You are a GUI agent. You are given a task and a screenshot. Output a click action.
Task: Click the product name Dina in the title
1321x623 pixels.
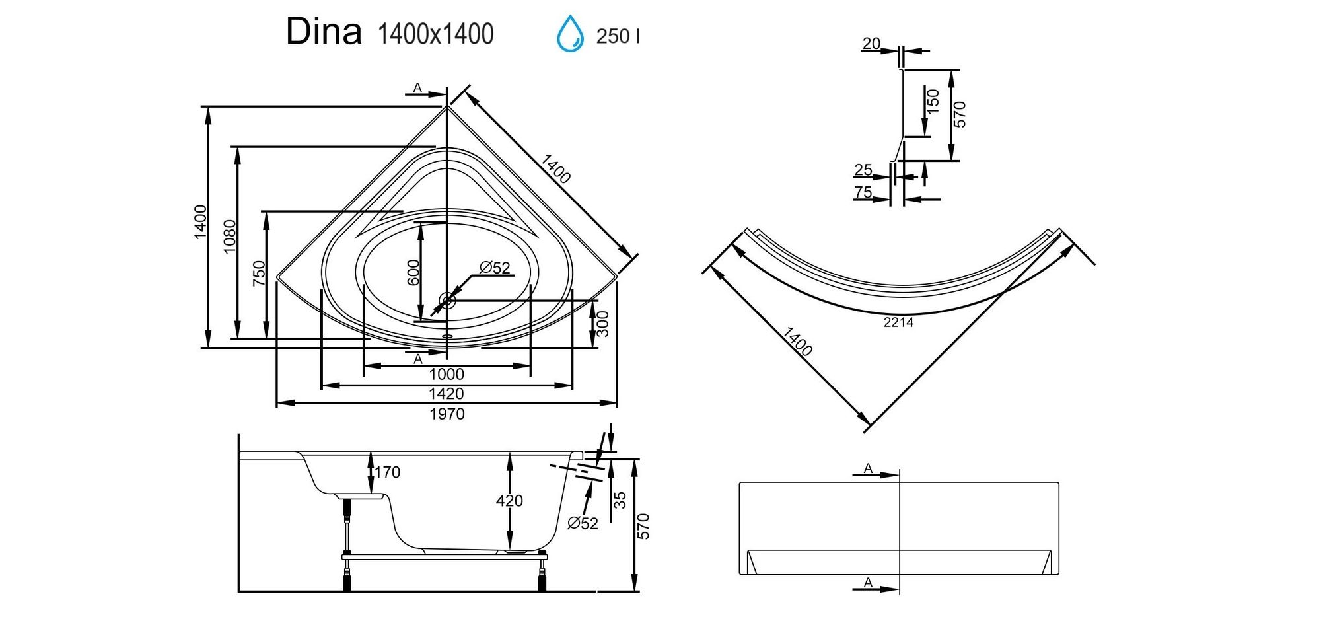[324, 32]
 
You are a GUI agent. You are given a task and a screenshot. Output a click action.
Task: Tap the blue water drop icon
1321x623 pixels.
[570, 34]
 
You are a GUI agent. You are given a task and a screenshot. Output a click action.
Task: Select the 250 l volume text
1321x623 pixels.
[618, 36]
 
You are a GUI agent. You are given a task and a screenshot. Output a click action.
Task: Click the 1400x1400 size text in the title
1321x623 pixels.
[435, 34]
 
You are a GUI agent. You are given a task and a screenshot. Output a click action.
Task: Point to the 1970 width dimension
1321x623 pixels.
[447, 414]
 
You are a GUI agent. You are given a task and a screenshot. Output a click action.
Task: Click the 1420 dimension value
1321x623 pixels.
[446, 394]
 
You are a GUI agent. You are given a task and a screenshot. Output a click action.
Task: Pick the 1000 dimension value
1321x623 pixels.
[446, 375]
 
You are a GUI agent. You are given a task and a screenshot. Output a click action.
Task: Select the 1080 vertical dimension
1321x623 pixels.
[229, 237]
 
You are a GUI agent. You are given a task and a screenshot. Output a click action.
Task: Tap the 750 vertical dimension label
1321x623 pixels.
[259, 274]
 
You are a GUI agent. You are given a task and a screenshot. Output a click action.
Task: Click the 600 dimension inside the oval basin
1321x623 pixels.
[413, 273]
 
